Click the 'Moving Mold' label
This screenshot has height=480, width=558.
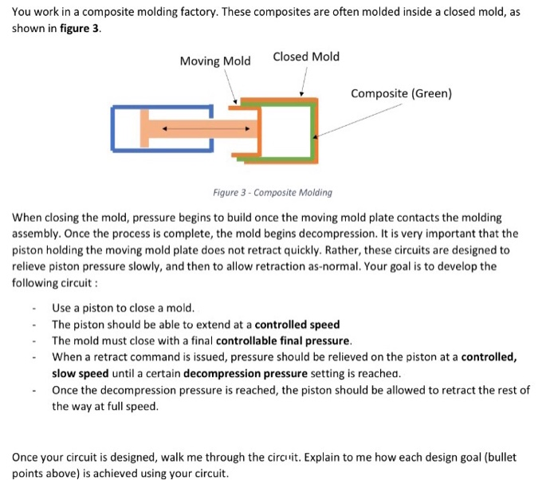pyautogui.click(x=214, y=61)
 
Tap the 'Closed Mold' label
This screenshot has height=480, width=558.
pyautogui.click(x=305, y=57)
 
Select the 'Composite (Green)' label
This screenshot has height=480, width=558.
pyautogui.click(x=401, y=94)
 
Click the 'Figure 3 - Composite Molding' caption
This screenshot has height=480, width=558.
pyautogui.click(x=273, y=192)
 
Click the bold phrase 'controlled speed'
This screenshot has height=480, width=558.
pyautogui.click(x=297, y=325)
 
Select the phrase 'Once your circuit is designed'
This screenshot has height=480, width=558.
pyautogui.click(x=86, y=457)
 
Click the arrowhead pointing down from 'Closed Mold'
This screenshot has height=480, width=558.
pyautogui.click(x=302, y=93)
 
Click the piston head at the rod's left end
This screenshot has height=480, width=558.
pyautogui.click(x=146, y=128)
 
